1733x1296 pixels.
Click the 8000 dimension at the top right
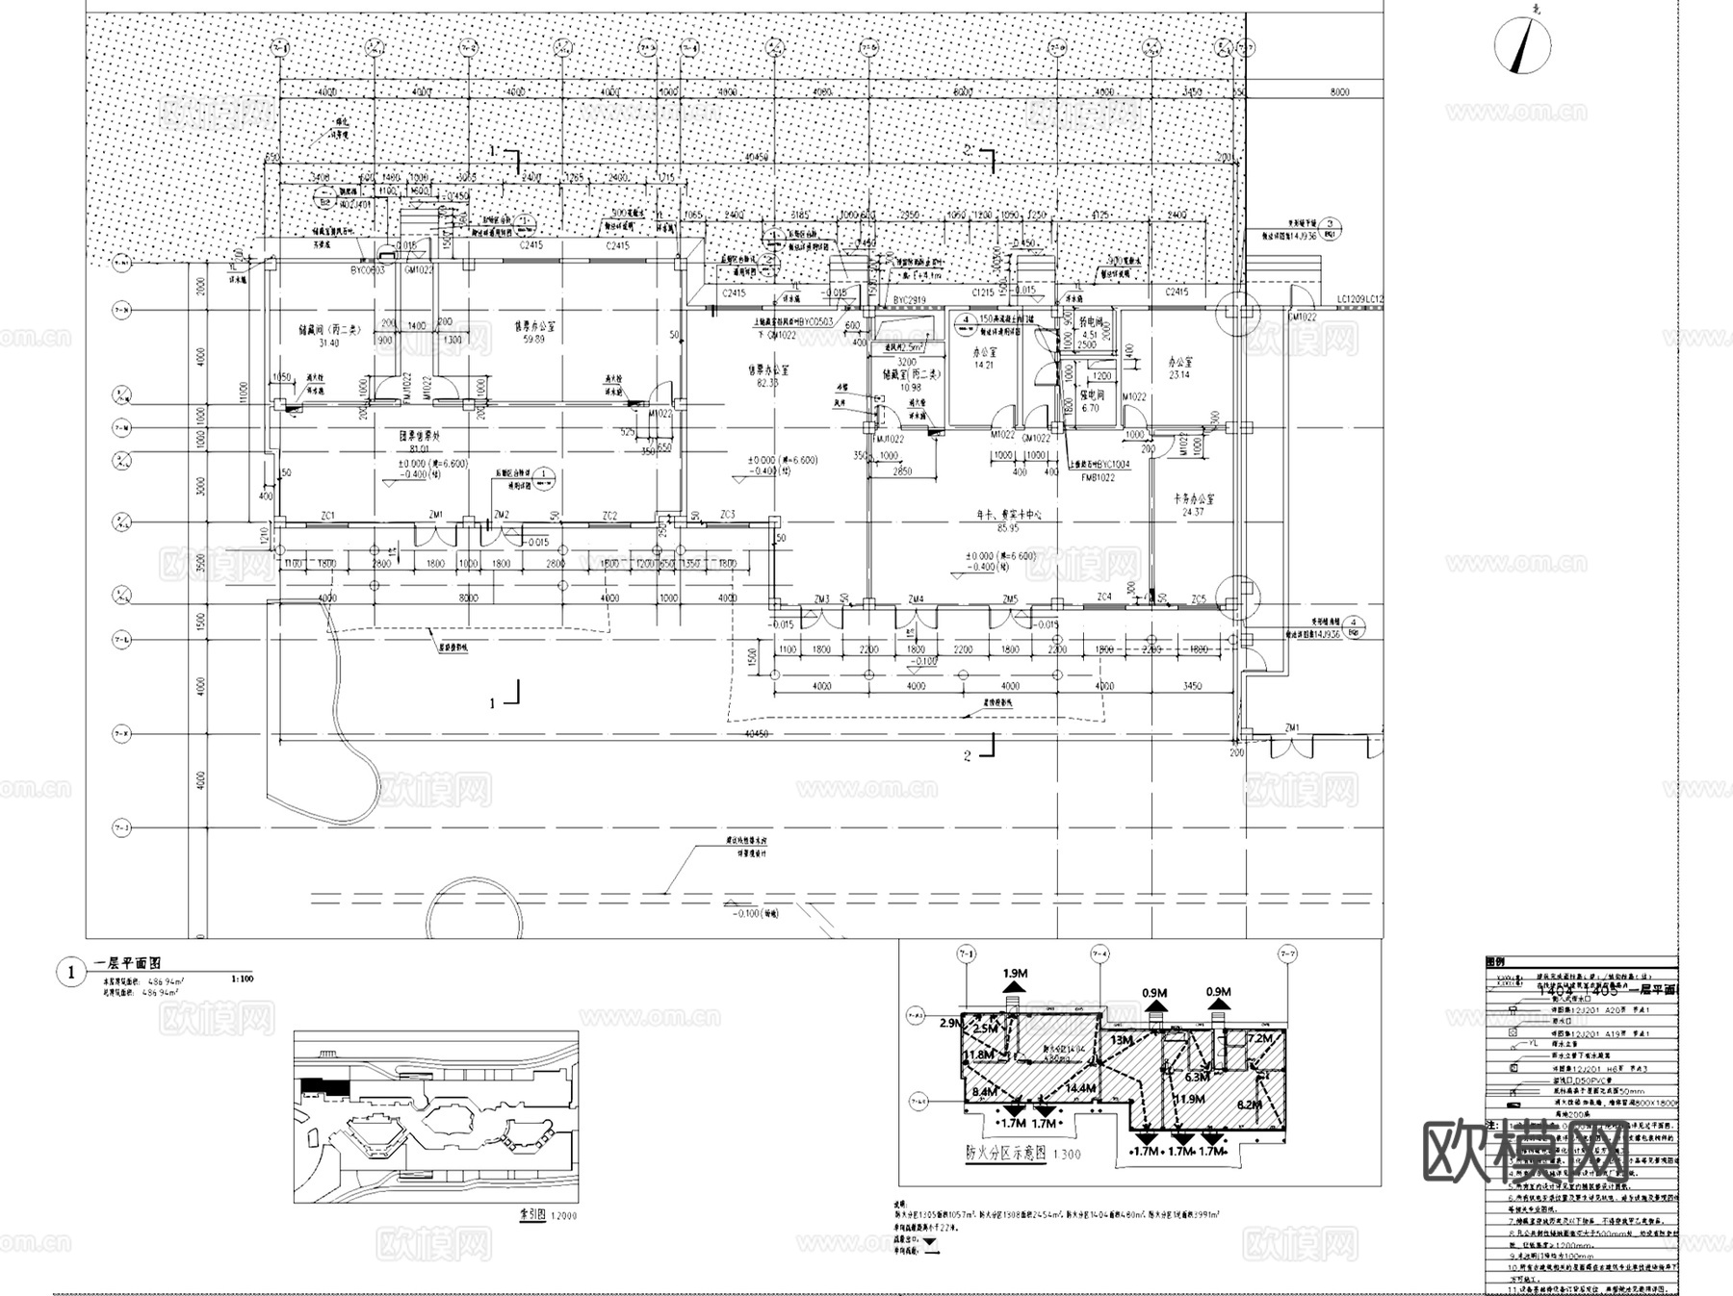1339,92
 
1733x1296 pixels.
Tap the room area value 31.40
329,343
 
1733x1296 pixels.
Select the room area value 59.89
533,340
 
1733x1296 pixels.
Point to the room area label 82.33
767,383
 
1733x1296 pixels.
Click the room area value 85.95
1008,528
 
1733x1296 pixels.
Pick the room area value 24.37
1193,513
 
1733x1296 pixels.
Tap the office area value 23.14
1178,375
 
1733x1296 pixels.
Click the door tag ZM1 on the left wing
435,516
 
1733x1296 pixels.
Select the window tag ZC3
727,515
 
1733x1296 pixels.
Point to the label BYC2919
909,301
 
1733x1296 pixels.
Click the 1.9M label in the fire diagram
1015,974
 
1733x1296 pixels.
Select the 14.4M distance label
1080,1088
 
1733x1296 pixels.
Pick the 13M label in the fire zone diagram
1122,1040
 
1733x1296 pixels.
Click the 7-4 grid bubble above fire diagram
1100,953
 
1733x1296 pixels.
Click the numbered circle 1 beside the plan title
70,973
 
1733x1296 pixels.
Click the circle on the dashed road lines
474,909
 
